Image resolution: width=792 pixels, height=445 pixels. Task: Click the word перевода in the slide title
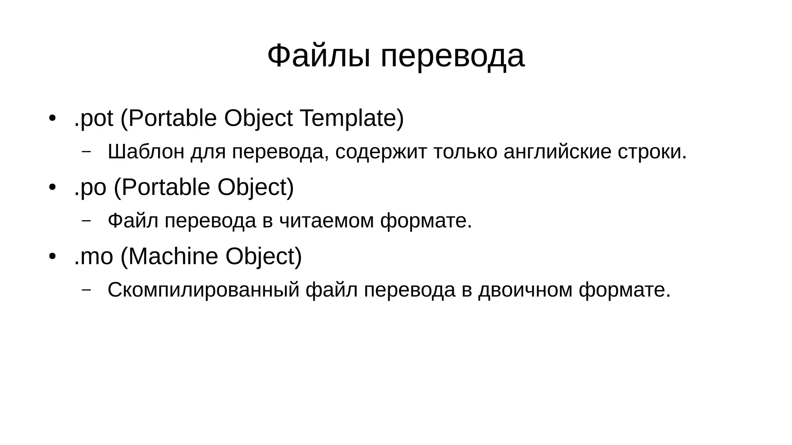coord(453,56)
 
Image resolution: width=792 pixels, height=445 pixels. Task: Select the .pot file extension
coord(94,118)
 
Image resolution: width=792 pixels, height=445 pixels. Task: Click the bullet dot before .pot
coord(53,118)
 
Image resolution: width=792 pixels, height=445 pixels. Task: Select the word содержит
coord(381,151)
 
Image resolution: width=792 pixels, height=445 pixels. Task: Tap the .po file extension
coord(90,187)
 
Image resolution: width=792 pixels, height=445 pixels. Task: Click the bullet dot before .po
coord(53,187)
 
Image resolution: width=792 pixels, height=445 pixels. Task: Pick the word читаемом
coord(326,221)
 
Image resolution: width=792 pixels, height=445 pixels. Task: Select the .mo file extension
coord(94,256)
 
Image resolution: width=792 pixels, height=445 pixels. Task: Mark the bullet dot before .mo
coord(53,256)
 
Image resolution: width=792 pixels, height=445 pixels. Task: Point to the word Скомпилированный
coord(203,290)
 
